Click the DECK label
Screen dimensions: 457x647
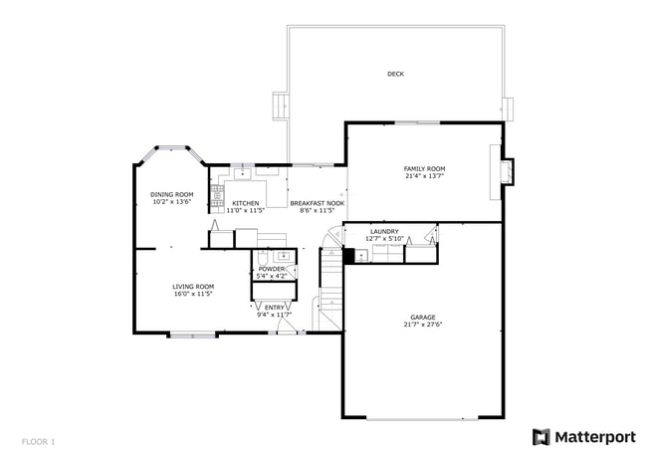click(x=395, y=74)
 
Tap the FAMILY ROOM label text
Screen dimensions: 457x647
click(x=424, y=169)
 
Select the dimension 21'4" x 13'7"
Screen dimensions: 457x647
click(x=424, y=177)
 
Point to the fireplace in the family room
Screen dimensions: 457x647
click(x=508, y=171)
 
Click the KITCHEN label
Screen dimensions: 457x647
click(x=246, y=203)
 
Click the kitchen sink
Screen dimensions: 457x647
click(x=241, y=173)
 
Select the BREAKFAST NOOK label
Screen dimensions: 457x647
click(x=317, y=203)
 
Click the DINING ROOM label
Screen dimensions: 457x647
click(x=172, y=194)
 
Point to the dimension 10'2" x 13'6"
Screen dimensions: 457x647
click(x=172, y=202)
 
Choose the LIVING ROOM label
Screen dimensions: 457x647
click(x=194, y=287)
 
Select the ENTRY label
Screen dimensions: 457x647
click(x=274, y=308)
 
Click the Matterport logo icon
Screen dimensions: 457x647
click(x=540, y=437)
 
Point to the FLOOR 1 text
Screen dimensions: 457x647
click(x=39, y=441)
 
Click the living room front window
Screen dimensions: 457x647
click(x=192, y=336)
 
